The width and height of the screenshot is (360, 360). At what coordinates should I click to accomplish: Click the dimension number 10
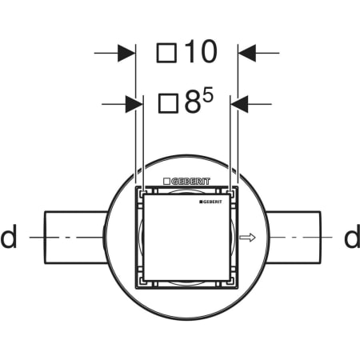click(x=201, y=52)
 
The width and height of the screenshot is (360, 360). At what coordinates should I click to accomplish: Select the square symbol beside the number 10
click(x=166, y=53)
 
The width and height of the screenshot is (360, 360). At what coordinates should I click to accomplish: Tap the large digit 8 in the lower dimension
click(x=192, y=103)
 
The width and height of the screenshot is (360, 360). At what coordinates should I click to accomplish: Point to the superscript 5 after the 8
click(x=208, y=95)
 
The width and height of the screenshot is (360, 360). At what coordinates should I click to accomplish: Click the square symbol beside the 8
click(x=168, y=103)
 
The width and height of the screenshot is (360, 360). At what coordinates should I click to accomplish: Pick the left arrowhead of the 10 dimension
click(x=126, y=53)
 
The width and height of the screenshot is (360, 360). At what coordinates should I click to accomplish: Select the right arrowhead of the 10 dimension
click(x=247, y=53)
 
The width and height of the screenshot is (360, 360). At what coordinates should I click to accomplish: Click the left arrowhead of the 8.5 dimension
click(x=134, y=104)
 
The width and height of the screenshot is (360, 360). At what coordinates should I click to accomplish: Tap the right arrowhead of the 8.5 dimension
click(x=239, y=104)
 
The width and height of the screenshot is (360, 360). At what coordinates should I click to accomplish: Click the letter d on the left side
click(x=9, y=237)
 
